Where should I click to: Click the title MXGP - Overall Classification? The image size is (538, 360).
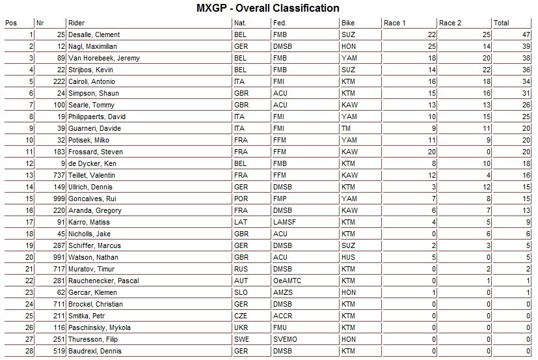click(267, 8)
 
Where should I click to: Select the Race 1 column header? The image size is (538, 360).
click(395, 23)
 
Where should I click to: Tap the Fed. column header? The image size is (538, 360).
click(280, 23)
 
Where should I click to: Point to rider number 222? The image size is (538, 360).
click(57, 82)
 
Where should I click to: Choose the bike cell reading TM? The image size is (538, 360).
click(346, 129)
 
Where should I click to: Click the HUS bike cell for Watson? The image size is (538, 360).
click(347, 258)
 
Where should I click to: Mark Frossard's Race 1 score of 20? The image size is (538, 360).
click(431, 152)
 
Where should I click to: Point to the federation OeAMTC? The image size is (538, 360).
click(287, 281)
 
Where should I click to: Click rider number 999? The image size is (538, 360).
click(57, 199)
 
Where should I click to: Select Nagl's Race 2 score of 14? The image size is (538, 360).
click(485, 47)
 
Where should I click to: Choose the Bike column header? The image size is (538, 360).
click(348, 23)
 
